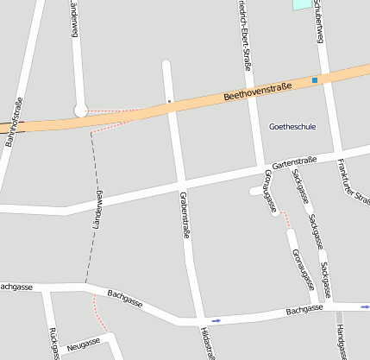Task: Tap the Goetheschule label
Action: coord(292,127)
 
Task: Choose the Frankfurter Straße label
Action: coord(354,182)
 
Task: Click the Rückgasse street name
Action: coord(53,344)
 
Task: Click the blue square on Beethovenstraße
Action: coord(315,80)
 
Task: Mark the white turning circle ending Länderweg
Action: coord(81,110)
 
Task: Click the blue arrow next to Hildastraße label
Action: coord(216,320)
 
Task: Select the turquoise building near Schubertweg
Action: coord(301,4)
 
